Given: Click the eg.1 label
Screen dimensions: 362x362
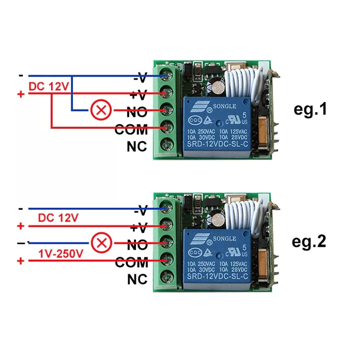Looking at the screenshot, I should pyautogui.click(x=310, y=110).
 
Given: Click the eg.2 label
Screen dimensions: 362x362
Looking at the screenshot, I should pyautogui.click(x=310, y=242).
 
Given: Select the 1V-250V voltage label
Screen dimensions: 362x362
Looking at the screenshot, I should pyautogui.click(x=61, y=253).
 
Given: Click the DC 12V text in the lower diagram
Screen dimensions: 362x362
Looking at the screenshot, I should pyautogui.click(x=58, y=218).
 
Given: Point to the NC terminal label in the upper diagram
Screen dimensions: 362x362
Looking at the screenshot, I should pyautogui.click(x=137, y=146).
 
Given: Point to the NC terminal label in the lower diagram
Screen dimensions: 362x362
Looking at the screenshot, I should pyautogui.click(x=137, y=280).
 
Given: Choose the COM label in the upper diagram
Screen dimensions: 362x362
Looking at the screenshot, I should pyautogui.click(x=131, y=129).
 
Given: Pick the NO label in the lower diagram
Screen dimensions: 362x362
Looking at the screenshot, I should pyautogui.click(x=137, y=245).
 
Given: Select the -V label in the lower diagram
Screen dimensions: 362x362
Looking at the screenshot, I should pyautogui.click(x=141, y=210).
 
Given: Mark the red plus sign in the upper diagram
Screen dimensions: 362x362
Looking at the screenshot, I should pyautogui.click(x=20, y=94).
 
